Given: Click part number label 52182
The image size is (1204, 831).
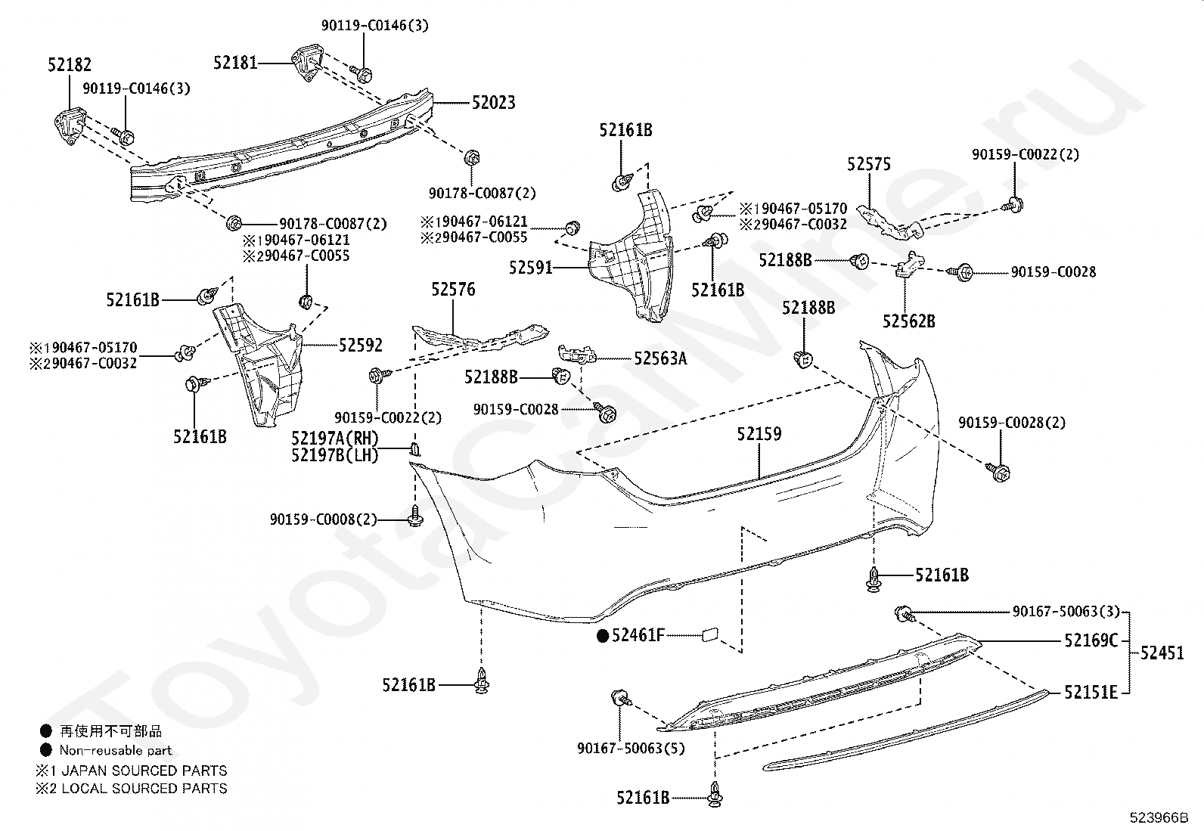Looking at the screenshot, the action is (x=70, y=64).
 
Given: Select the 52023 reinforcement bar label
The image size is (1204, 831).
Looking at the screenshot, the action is (x=493, y=102).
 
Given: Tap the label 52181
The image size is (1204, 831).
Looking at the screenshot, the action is (x=235, y=63).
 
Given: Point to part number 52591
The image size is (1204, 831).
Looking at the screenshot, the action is (x=530, y=267).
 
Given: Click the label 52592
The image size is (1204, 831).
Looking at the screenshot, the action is (x=360, y=345).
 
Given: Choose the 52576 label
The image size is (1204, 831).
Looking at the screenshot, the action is (x=453, y=289).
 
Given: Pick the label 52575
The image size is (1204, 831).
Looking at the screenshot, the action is (x=869, y=164).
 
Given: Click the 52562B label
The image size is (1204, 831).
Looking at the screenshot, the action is (x=909, y=321).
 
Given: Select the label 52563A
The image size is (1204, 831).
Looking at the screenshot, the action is (x=660, y=358).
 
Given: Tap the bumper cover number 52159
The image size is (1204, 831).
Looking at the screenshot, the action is (x=759, y=434).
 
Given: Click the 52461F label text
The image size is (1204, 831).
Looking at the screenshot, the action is (x=638, y=635).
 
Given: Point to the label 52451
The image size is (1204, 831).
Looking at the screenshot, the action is (x=1162, y=653).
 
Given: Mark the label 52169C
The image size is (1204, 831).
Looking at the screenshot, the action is (x=1091, y=640).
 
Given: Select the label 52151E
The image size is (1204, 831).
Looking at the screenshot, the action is (x=1091, y=693).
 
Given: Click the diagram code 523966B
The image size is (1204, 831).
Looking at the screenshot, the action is (x=1159, y=817).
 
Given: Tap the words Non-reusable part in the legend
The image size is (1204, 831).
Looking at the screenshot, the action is (x=116, y=750).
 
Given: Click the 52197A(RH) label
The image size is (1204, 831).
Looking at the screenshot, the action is (x=335, y=438).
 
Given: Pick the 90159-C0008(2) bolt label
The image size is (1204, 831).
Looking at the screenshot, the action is (x=324, y=519).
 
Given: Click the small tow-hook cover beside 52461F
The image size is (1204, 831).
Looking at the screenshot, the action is (x=710, y=635).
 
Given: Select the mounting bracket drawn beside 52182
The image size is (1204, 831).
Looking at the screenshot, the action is (x=70, y=126).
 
